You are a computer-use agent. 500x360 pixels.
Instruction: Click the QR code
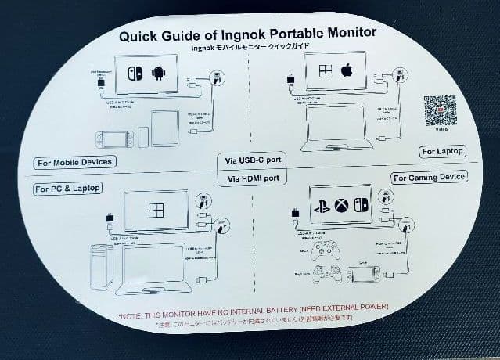pyautogui.click(x=440, y=110)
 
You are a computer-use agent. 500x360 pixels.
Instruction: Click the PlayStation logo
pyautogui.click(x=321, y=204)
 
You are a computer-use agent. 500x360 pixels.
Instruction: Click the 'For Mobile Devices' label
pyautogui.click(x=74, y=163)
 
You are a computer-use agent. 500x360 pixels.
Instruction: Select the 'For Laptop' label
pyautogui.click(x=442, y=150)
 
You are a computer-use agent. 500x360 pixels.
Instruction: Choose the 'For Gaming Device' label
pyautogui.click(x=429, y=177)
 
